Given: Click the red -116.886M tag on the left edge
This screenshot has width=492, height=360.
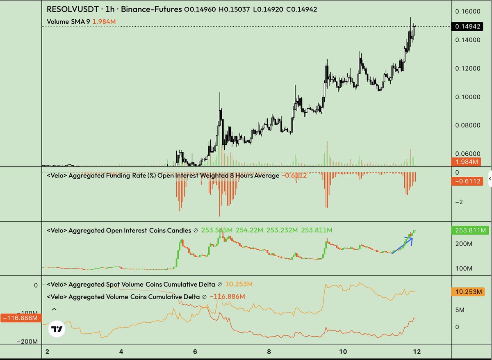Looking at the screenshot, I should [20, 318].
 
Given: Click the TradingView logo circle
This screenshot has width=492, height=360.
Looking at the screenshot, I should [57, 328].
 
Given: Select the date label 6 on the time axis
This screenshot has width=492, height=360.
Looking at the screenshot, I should [195, 352].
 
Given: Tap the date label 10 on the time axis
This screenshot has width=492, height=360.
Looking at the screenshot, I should [343, 352].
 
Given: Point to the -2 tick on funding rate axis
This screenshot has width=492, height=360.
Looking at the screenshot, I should [459, 202].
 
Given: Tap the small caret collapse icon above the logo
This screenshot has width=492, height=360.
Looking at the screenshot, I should [54, 310].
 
